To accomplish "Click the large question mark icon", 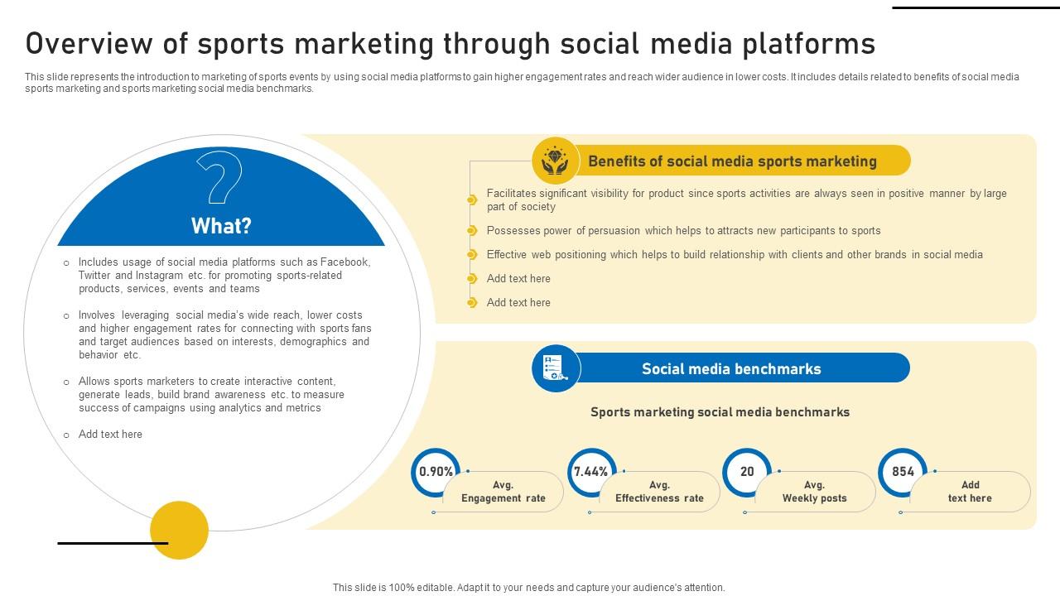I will point(219,179).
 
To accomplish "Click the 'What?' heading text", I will point(221,226).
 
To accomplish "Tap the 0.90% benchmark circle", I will point(436,472).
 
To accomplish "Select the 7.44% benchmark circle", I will point(591,472).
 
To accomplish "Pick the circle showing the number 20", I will point(747,472).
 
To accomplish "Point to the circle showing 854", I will point(903,472).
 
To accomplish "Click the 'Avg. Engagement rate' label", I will point(503,492).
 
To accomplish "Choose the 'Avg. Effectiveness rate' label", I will point(659,492).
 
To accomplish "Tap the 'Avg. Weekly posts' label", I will point(814,492).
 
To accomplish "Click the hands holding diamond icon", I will point(556,161).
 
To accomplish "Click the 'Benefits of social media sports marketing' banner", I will point(732,161).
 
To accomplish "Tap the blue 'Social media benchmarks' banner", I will point(731,369).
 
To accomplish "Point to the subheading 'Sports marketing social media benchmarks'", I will point(720,412).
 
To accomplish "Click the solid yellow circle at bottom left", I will point(179,530).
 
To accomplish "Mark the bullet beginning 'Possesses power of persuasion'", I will point(683,231).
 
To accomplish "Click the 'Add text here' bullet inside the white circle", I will point(110,435).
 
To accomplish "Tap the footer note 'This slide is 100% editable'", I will point(528,588).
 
